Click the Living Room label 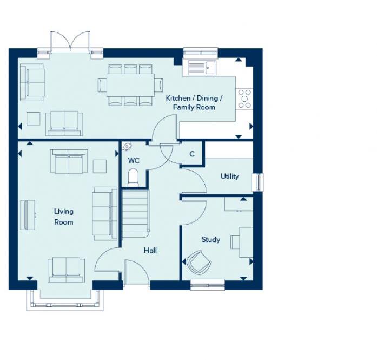[63, 217]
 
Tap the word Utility [229, 176]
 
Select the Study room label [210, 239]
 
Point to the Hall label [150, 250]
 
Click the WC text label [134, 161]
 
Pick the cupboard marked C [191, 154]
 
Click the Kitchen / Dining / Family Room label [194, 102]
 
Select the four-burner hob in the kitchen [244, 99]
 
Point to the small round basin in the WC [127, 146]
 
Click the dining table [130, 85]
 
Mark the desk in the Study [246, 242]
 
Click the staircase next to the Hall [135, 213]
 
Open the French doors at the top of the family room [70, 43]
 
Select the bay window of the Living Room [64, 301]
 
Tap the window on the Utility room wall [259, 182]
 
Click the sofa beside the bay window [66, 270]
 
